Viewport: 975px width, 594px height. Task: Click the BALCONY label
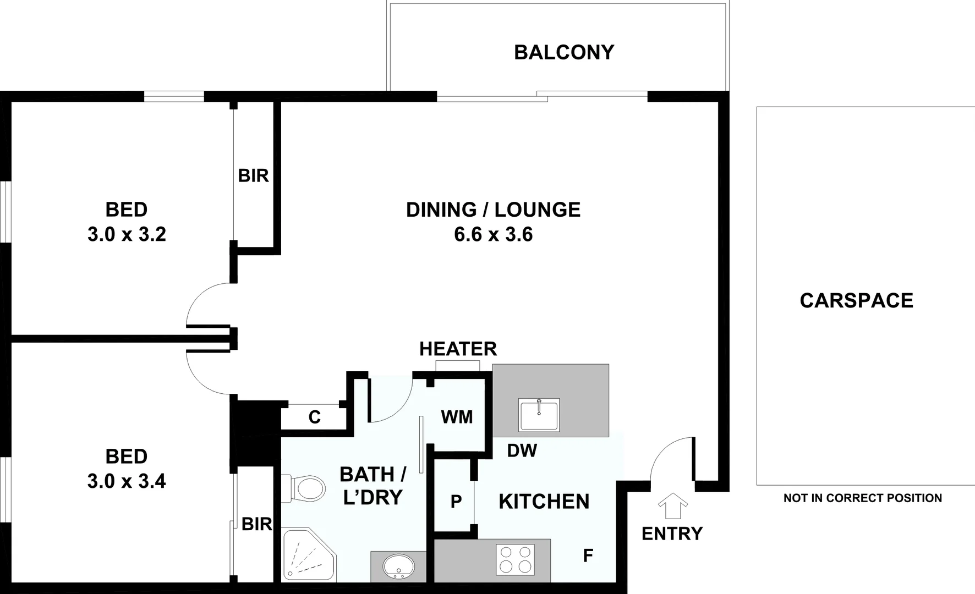tap(564, 52)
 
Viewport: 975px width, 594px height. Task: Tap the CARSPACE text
tap(856, 300)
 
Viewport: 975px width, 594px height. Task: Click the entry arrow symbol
tap(672, 505)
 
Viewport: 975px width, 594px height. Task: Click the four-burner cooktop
tap(515, 559)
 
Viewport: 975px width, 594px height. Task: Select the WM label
tap(457, 417)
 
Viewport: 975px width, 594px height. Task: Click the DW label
tap(522, 450)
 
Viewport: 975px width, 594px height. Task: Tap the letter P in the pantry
tap(456, 502)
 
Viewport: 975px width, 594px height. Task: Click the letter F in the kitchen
tap(588, 556)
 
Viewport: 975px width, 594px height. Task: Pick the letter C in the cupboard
tap(314, 417)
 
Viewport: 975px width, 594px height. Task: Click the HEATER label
tap(458, 349)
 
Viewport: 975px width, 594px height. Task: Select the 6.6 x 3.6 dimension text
tap(493, 235)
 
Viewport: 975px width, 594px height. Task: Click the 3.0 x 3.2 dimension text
tap(127, 235)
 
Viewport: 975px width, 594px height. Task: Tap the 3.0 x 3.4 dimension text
tap(127, 482)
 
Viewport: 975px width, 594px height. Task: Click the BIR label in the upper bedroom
tap(253, 176)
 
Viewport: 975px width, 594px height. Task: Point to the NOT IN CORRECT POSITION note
tap(862, 498)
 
